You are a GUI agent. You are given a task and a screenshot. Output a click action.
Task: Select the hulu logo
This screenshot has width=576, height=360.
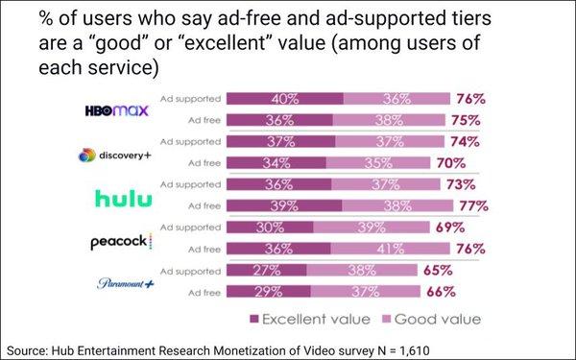tap(124, 198)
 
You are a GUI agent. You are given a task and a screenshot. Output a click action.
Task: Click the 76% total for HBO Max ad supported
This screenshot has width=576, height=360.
tap(471, 99)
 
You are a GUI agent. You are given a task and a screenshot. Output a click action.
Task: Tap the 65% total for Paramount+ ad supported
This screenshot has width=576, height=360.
tap(439, 270)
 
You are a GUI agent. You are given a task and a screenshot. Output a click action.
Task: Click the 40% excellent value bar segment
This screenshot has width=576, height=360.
tap(283, 99)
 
